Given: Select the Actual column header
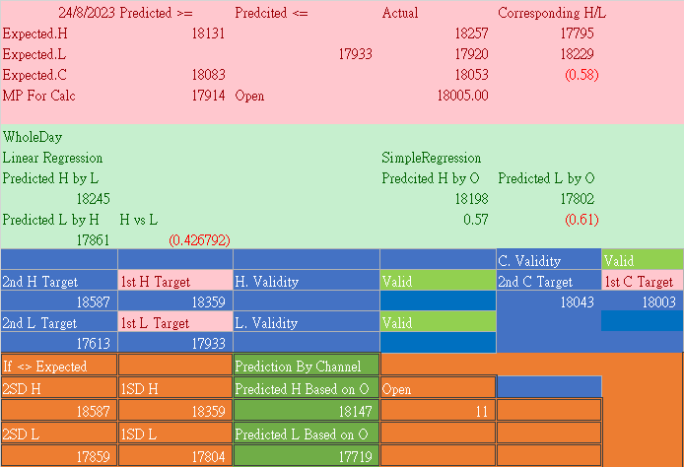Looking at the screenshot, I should (x=399, y=13).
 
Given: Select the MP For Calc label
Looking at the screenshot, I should (x=39, y=96).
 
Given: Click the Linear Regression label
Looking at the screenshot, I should (x=52, y=158).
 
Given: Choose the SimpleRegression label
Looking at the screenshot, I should (x=431, y=158).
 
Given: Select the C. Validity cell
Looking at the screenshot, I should (x=529, y=261).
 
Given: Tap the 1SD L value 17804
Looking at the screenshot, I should (x=208, y=456).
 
